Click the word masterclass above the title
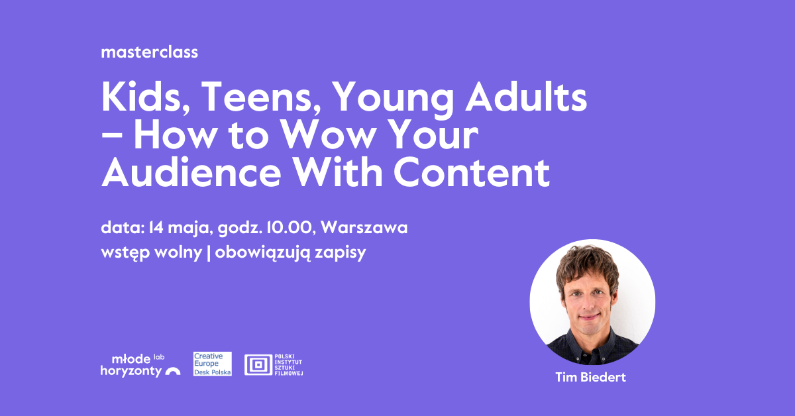(x=150, y=52)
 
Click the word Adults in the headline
(x=526, y=97)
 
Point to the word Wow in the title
(x=329, y=135)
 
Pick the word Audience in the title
(x=191, y=173)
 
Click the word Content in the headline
(x=472, y=173)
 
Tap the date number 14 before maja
(x=156, y=227)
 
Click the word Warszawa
(x=364, y=227)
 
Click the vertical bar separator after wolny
(x=208, y=253)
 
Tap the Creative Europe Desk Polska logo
(x=213, y=364)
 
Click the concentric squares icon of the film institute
(x=258, y=364)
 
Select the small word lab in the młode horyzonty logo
(x=159, y=357)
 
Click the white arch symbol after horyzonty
(x=172, y=371)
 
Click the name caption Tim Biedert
(x=590, y=378)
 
